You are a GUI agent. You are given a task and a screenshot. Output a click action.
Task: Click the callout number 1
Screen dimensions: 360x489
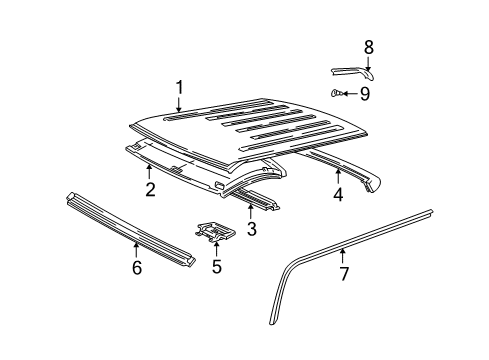(179, 87)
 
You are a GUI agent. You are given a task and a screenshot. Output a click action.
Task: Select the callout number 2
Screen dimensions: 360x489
(149, 190)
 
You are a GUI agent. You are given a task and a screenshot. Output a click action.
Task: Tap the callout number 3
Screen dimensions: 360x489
(251, 230)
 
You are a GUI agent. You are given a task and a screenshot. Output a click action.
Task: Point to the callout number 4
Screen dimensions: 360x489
(338, 195)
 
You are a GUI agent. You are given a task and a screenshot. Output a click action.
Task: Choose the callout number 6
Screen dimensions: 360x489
(136, 267)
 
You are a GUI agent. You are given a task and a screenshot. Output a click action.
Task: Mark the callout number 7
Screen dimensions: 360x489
(344, 274)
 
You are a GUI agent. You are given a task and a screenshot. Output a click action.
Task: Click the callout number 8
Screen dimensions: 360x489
(368, 47)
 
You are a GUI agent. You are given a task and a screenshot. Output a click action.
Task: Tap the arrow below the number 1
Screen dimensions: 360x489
(179, 107)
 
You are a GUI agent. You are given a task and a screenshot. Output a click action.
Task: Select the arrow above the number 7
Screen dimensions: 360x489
(344, 254)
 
